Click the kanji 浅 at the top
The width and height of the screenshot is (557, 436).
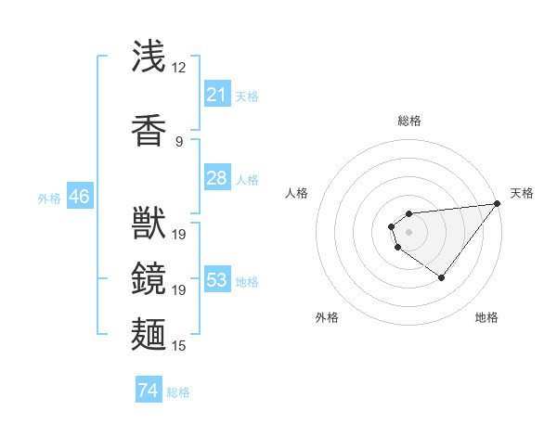pyautogui.click(x=149, y=57)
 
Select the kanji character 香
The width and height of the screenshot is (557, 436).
pyautogui.click(x=149, y=130)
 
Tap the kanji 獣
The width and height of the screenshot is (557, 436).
pyautogui.click(x=149, y=223)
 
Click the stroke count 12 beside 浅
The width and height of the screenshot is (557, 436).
pyautogui.click(x=178, y=68)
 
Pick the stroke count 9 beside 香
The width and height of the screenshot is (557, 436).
pyautogui.click(x=178, y=141)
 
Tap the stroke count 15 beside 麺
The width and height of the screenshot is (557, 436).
pyautogui.click(x=178, y=346)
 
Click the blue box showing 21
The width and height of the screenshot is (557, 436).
pyautogui.click(x=217, y=95)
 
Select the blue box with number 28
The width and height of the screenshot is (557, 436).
pyautogui.click(x=217, y=178)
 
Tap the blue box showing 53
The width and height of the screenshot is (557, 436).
pyautogui.click(x=217, y=280)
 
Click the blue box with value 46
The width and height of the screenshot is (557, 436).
pyautogui.click(x=79, y=197)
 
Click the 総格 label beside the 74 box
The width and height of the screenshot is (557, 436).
pyautogui.click(x=178, y=392)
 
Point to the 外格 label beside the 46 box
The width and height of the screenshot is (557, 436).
pyautogui.click(x=48, y=198)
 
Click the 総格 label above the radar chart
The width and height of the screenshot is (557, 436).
pyautogui.click(x=408, y=121)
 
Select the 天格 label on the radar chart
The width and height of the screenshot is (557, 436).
pyautogui.click(x=522, y=193)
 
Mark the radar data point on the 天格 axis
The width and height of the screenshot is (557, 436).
pyautogui.click(x=497, y=204)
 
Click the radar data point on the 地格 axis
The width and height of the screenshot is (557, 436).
pyautogui.click(x=442, y=277)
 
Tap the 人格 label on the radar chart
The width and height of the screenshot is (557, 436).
pyautogui.click(x=297, y=193)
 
